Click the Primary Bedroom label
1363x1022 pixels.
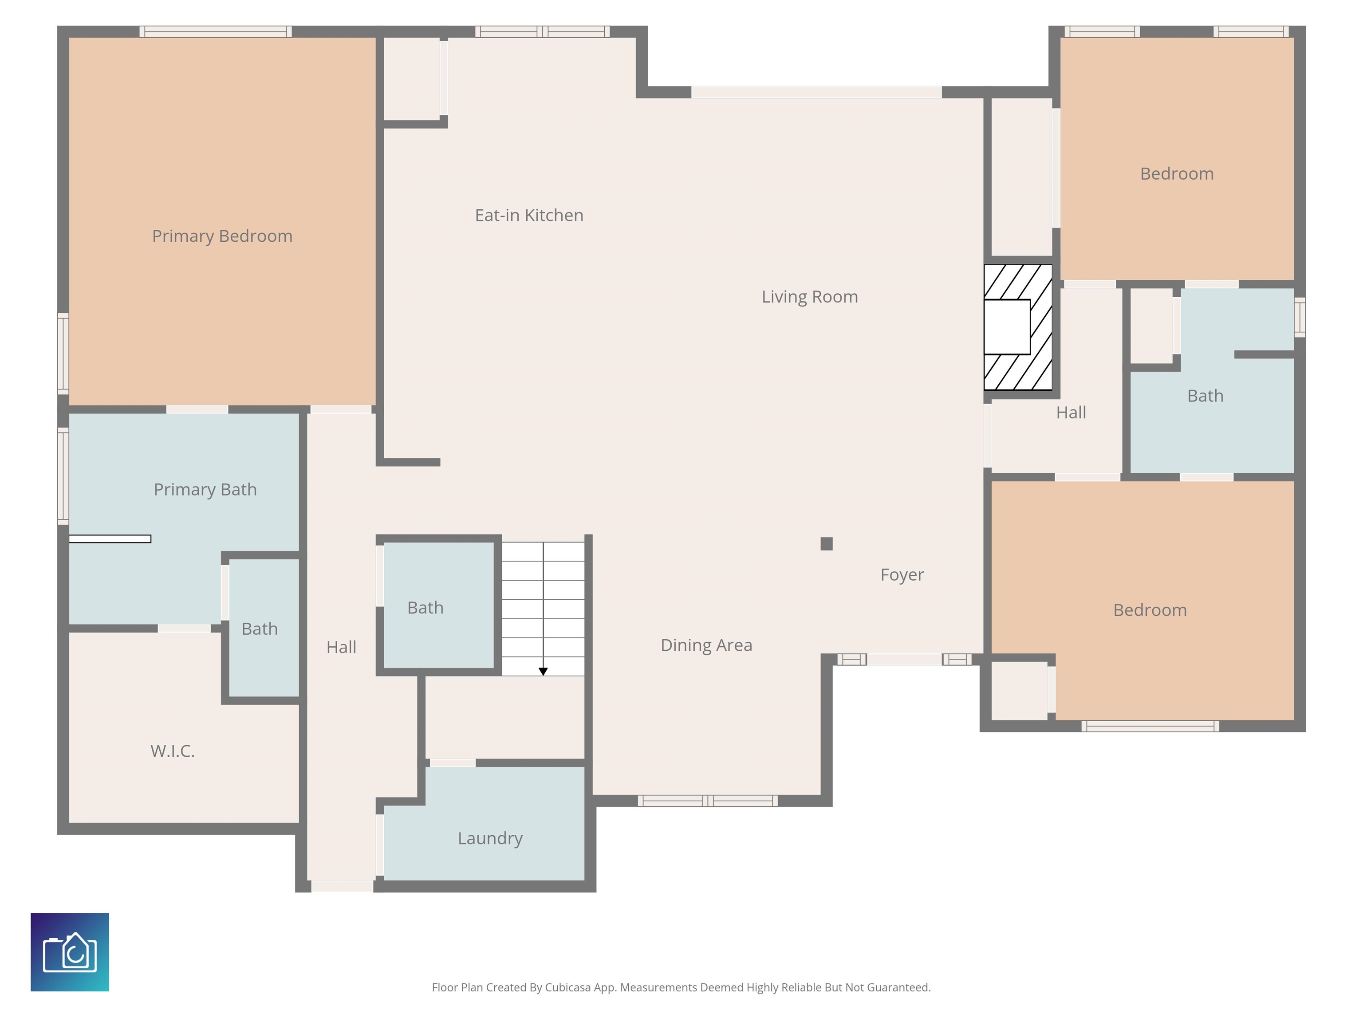pyautogui.click(x=222, y=236)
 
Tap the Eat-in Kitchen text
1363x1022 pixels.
pyautogui.click(x=529, y=215)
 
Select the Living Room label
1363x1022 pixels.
pyautogui.click(x=810, y=297)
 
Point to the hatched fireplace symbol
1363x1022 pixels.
pyautogui.click(x=1017, y=327)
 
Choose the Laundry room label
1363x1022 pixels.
pyautogui.click(x=490, y=838)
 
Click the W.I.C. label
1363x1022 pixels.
pyautogui.click(x=173, y=751)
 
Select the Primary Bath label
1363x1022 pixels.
pyautogui.click(x=205, y=489)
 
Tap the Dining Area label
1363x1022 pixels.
pyautogui.click(x=706, y=645)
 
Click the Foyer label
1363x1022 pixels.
pyautogui.click(x=902, y=575)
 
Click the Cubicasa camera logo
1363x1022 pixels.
pyautogui.click(x=70, y=952)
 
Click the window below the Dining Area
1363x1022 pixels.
pyautogui.click(x=707, y=801)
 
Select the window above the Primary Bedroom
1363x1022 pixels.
pyautogui.click(x=215, y=31)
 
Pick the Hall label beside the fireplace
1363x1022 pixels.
pyautogui.click(x=1071, y=413)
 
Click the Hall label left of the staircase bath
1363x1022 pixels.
pyautogui.click(x=341, y=648)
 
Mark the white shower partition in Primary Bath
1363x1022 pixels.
pyautogui.click(x=110, y=539)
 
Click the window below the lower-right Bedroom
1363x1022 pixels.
pyautogui.click(x=1150, y=726)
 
